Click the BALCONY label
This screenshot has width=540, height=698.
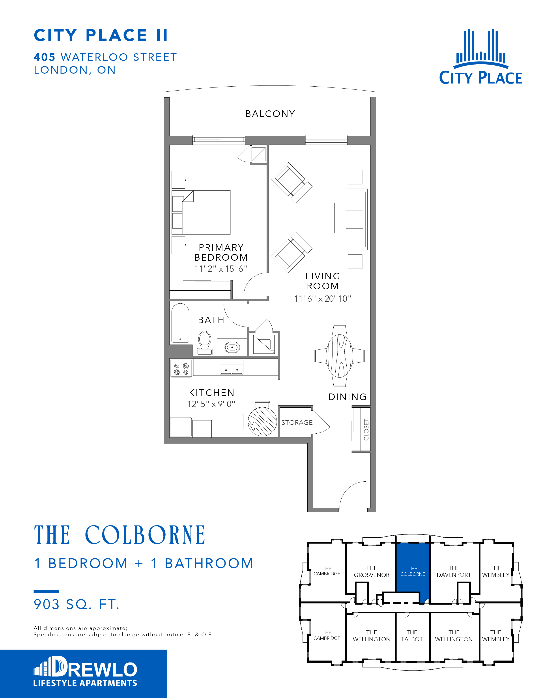(270, 114)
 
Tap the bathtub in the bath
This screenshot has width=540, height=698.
(180, 323)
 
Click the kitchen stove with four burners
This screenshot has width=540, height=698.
(181, 368)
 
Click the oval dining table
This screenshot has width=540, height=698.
(339, 356)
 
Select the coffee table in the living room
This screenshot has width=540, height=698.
(322, 218)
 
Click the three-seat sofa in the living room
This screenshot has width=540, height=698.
(356, 219)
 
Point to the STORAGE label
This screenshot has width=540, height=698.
(297, 423)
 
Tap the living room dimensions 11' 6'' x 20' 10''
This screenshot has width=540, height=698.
(322, 299)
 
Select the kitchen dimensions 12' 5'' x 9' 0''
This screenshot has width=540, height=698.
(211, 404)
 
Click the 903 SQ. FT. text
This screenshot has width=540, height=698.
(77, 604)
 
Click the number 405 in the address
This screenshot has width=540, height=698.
(45, 57)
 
